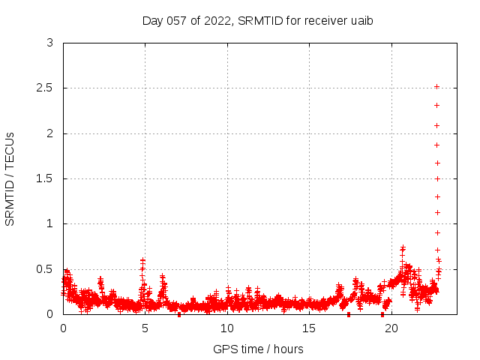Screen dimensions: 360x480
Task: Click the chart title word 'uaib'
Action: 361,20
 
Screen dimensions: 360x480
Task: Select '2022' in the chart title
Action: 215,20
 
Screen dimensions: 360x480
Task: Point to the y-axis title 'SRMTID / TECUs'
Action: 10,178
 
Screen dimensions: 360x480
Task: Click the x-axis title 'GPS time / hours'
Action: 258,349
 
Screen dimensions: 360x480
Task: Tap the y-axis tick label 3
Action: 49,43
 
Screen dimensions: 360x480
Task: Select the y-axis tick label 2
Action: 49,133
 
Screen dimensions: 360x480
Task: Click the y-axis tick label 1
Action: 49,223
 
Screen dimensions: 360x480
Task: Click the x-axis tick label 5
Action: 145,328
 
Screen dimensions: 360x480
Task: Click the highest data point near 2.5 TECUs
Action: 436,86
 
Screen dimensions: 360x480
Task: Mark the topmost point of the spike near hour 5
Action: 142,260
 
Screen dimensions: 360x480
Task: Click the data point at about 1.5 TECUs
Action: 437,178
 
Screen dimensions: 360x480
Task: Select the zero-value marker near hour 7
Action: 178,314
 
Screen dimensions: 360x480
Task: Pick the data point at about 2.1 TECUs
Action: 436,125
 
